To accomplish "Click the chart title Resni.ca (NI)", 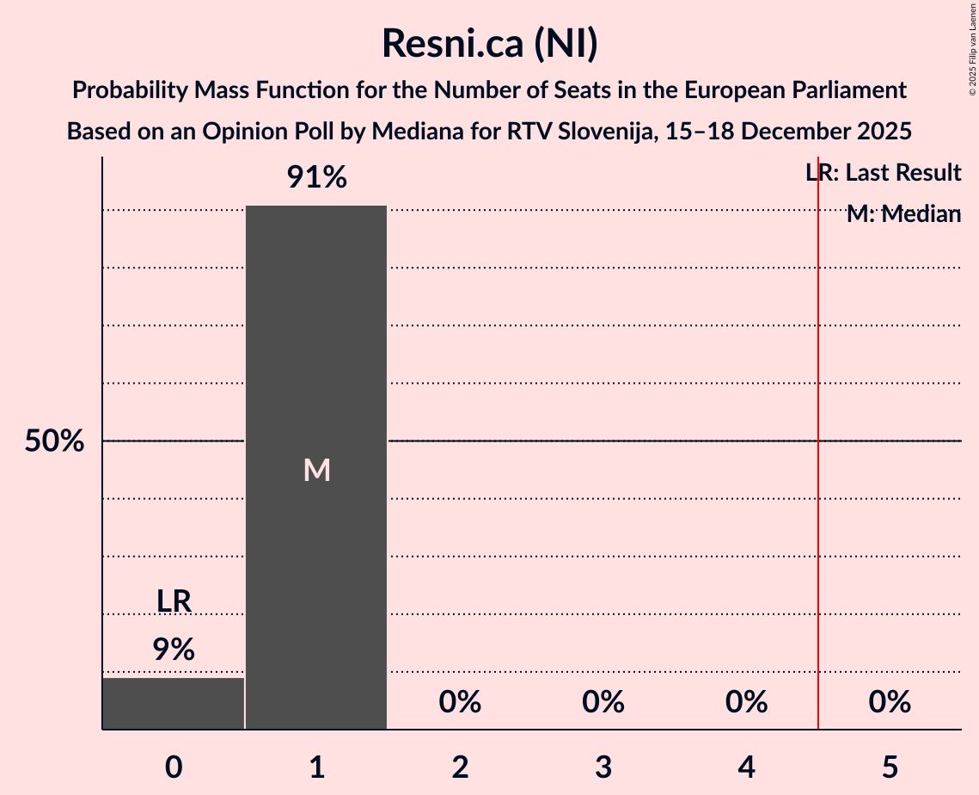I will click(489, 43).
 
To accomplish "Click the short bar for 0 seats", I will click(174, 703).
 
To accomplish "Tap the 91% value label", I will click(316, 178).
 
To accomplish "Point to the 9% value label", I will click(174, 650).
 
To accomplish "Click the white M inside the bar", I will click(316, 470).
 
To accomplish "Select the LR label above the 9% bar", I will click(174, 601).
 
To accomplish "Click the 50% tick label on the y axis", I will click(54, 441).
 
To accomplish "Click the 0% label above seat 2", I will click(460, 703).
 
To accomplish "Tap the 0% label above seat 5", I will click(889, 703).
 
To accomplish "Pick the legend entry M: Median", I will click(903, 214).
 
